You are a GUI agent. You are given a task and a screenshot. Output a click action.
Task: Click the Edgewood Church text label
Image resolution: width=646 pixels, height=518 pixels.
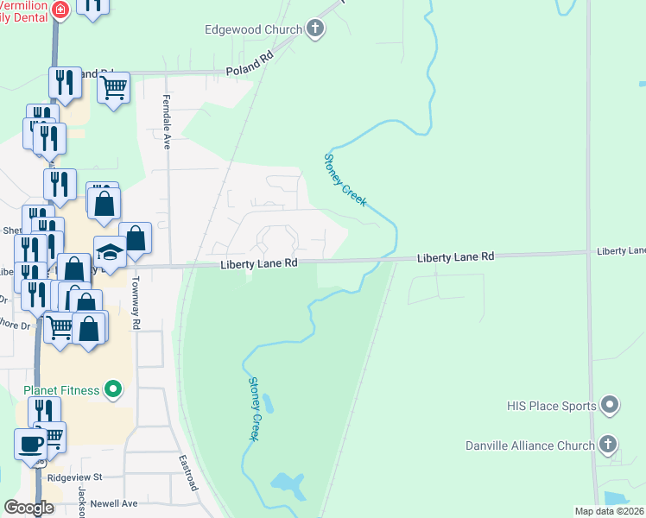(x=253, y=29)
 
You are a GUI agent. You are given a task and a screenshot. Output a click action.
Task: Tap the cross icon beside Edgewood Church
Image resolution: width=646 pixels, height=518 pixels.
(x=314, y=29)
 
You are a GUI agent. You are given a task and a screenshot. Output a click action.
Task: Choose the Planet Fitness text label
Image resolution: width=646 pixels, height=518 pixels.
(x=61, y=389)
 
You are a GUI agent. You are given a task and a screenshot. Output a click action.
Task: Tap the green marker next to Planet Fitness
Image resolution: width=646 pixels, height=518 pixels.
(x=112, y=390)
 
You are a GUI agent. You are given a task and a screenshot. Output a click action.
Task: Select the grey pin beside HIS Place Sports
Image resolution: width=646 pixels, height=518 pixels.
(x=610, y=405)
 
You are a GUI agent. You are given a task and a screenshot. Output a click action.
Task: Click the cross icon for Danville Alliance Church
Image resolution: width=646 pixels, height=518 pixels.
(x=608, y=445)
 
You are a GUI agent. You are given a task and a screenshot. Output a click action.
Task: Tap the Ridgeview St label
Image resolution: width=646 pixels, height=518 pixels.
(x=75, y=477)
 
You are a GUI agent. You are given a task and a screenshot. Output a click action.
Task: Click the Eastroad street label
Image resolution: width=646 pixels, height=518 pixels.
(x=188, y=474)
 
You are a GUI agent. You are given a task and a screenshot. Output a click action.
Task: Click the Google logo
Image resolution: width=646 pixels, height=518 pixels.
(x=29, y=508)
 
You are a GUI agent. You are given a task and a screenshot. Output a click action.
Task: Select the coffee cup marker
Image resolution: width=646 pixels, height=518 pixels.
(x=32, y=444)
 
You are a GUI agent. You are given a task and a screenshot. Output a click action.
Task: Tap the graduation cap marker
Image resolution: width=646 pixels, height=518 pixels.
(x=110, y=250)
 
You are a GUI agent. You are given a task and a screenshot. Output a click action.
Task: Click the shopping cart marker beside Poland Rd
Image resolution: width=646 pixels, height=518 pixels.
(x=114, y=86)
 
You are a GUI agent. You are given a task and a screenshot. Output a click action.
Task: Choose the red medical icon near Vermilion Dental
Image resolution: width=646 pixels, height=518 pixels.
(x=60, y=10)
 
